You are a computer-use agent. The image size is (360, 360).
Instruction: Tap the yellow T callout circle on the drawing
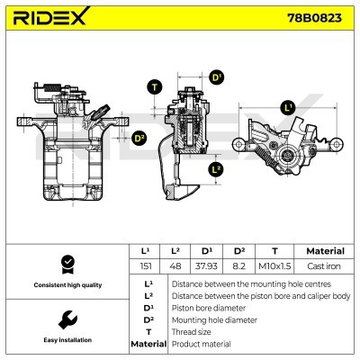tap(154, 86)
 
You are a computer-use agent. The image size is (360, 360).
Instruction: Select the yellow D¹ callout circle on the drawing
tap(216, 77)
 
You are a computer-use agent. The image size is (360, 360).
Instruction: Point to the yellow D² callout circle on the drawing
tap(139, 138)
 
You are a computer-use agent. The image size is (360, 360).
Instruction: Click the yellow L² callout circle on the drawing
tap(215, 169)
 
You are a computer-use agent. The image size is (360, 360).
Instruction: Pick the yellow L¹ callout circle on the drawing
tap(288, 108)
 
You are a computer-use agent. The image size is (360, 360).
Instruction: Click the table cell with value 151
tap(145, 266)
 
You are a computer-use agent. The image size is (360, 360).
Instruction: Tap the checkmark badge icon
tap(65, 263)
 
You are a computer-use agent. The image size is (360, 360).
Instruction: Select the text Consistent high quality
tap(65, 285)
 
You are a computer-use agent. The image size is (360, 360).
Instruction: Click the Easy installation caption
tap(65, 340)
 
